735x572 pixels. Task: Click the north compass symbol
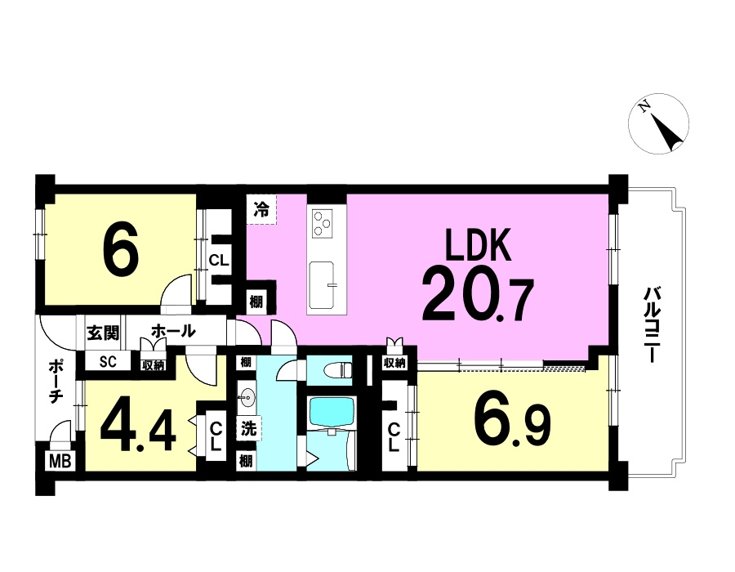pyautogui.click(x=658, y=123)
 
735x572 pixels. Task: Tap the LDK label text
pyautogui.click(x=478, y=245)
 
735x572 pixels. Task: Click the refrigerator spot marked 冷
pyautogui.click(x=261, y=209)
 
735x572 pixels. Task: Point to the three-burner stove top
pyautogui.click(x=323, y=223)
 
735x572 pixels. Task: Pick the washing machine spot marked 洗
pyautogui.click(x=248, y=428)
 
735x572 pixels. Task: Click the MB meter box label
pyautogui.click(x=60, y=461)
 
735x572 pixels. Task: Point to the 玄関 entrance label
pyautogui.click(x=102, y=333)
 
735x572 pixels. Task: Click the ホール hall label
pyautogui.click(x=173, y=332)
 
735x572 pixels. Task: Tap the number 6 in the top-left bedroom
pyautogui.click(x=121, y=250)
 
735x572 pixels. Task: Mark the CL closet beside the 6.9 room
pyautogui.click(x=394, y=436)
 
